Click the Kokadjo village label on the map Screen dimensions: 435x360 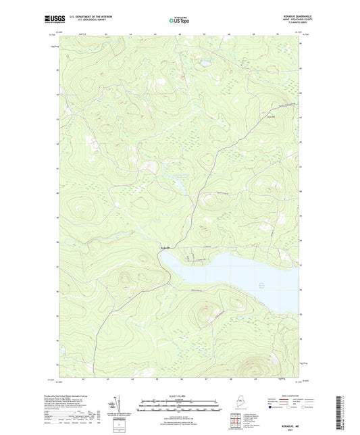[164, 249]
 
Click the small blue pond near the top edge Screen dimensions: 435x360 [202, 65]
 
